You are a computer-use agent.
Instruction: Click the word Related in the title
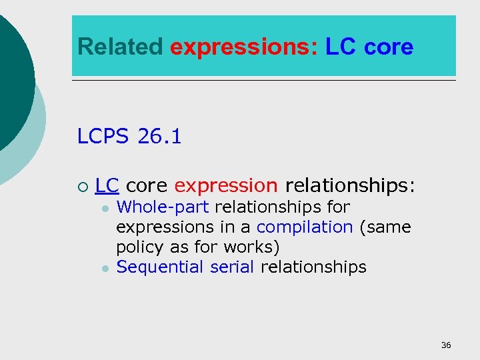[120, 47]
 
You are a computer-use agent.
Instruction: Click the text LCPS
[103, 137]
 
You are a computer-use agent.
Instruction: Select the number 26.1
[159, 137]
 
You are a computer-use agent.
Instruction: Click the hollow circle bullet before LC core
[81, 185]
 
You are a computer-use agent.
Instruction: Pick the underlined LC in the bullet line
[107, 185]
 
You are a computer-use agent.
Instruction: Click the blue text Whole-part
[162, 207]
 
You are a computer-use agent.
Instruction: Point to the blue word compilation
[304, 227]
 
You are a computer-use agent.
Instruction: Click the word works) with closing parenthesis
[252, 247]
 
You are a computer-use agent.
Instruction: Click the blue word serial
[231, 267]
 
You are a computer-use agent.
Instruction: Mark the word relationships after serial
[313, 267]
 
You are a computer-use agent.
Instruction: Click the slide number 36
[446, 345]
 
